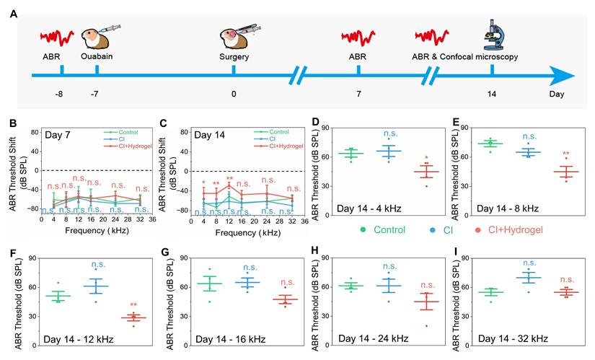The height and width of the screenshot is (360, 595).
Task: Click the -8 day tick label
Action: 62,95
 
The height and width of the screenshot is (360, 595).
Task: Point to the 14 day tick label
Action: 492,95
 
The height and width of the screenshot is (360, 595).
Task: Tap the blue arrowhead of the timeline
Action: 562,74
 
